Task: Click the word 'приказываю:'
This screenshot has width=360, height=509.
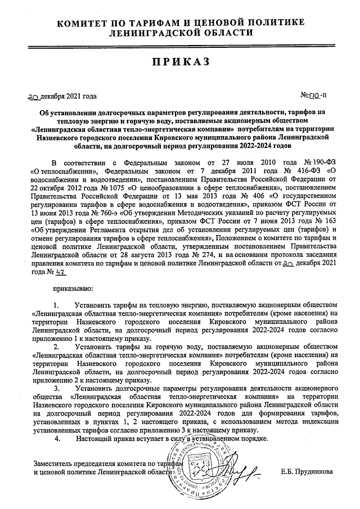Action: tap(71, 289)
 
